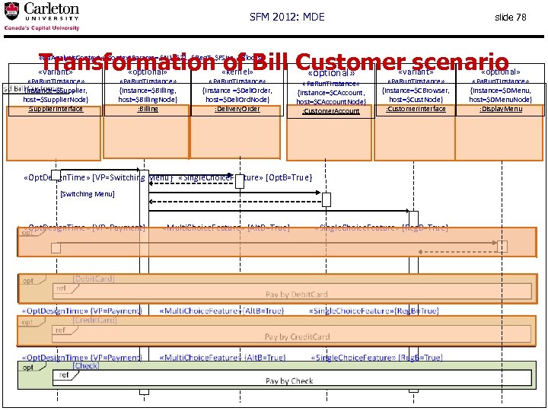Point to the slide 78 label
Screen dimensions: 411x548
click(x=510, y=17)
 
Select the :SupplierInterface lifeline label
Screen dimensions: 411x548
click(x=56, y=109)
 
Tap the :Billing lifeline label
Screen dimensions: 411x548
click(x=148, y=109)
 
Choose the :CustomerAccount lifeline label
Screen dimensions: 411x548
click(x=331, y=111)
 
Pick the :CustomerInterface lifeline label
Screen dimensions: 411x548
click(x=416, y=109)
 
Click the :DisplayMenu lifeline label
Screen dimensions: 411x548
click(x=501, y=109)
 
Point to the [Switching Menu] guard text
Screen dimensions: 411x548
click(x=87, y=194)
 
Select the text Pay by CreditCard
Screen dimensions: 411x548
click(x=298, y=336)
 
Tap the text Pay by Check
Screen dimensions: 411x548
click(x=290, y=381)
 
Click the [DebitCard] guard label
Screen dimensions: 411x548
click(x=94, y=279)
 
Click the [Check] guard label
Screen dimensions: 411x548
click(x=86, y=366)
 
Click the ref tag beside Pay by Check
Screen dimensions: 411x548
click(x=65, y=374)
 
